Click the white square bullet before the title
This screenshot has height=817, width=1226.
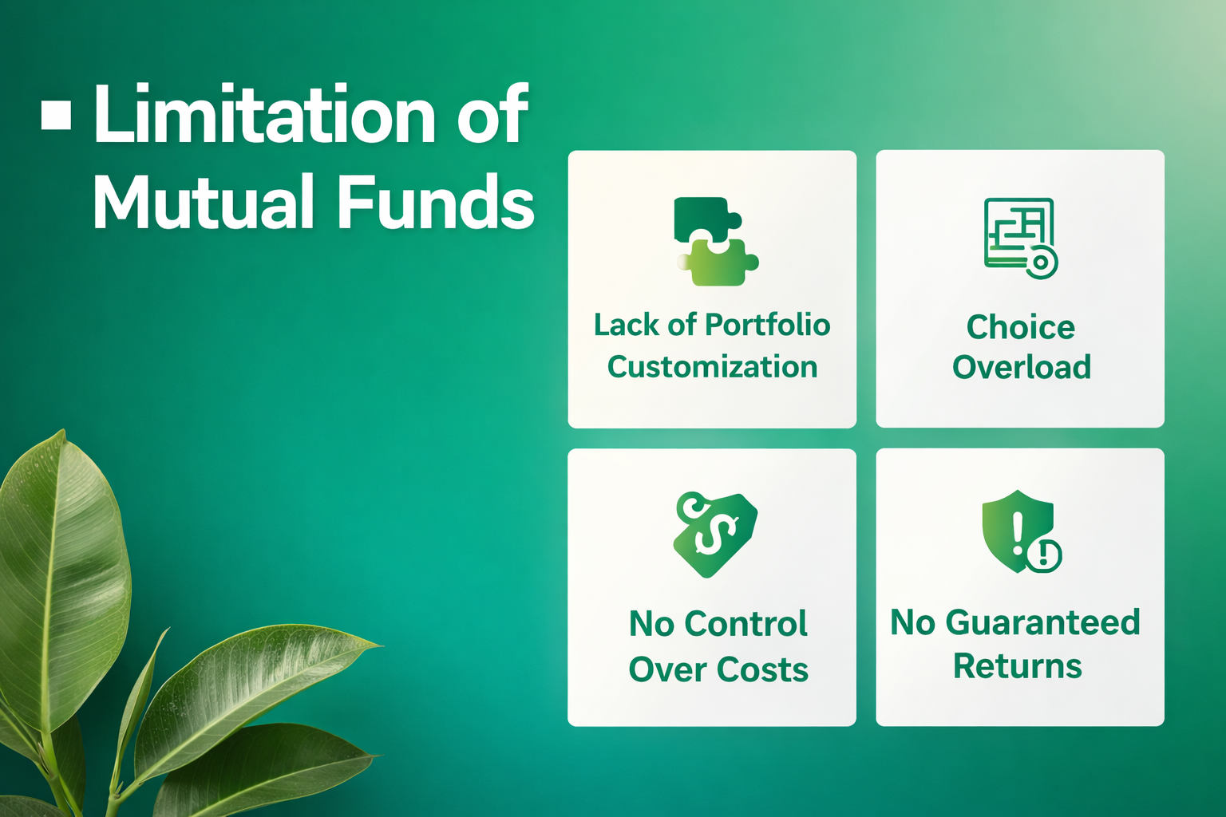pyautogui.click(x=57, y=115)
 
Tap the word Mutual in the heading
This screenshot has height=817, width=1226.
pyautogui.click(x=203, y=201)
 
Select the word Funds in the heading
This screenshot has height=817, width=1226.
pyautogui.click(x=435, y=200)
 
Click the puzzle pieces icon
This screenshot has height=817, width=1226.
pyautogui.click(x=716, y=241)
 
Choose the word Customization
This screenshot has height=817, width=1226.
pyautogui.click(x=712, y=366)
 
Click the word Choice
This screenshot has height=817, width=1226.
pyautogui.click(x=1021, y=328)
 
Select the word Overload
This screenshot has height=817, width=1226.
pyautogui.click(x=1022, y=366)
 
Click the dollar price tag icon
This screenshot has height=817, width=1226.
pyautogui.click(x=715, y=534)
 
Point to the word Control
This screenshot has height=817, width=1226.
pyautogui.click(x=745, y=623)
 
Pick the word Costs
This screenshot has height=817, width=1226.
pyautogui.click(x=762, y=669)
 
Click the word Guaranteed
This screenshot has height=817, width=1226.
pyautogui.click(x=1042, y=623)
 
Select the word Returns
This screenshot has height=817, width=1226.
pyautogui.click(x=1018, y=666)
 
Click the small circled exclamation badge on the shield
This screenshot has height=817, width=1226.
pyautogui.click(x=1044, y=555)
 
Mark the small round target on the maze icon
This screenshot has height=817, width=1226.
pyautogui.click(x=1041, y=262)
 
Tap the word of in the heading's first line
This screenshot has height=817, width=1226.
pyautogui.click(x=492, y=114)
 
